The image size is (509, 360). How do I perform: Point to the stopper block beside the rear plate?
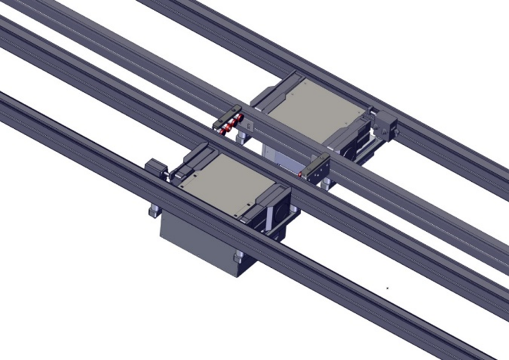click(386, 125)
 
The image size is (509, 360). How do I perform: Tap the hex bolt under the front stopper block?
click(153, 210)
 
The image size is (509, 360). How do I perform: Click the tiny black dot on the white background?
click(387, 289)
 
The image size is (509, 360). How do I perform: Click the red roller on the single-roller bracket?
click(301, 174)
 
